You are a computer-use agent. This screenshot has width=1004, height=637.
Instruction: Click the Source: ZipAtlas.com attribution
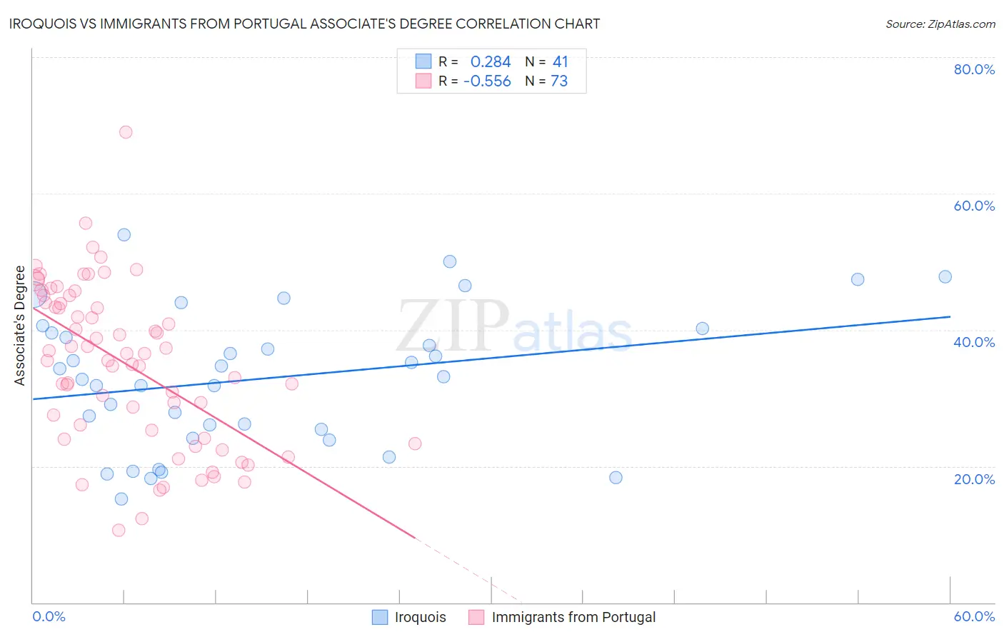[x=940, y=24]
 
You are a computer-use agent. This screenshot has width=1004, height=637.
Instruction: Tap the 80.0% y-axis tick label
[x=974, y=69]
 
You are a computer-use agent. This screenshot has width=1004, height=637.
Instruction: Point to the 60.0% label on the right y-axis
[x=974, y=206]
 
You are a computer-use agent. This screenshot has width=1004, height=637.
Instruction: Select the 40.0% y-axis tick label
[x=974, y=342]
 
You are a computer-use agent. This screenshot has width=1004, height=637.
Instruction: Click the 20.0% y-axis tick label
[x=974, y=478]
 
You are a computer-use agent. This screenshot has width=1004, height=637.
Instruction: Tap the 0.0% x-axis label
[x=49, y=616]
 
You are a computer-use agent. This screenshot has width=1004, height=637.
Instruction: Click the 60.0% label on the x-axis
[x=974, y=616]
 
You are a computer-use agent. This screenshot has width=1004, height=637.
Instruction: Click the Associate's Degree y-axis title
[x=20, y=326]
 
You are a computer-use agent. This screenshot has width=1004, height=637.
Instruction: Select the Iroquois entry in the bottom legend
[x=420, y=617]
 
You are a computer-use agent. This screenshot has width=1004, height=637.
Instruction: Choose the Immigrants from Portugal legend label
[x=573, y=617]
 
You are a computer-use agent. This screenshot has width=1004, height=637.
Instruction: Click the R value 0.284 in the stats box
[x=491, y=62]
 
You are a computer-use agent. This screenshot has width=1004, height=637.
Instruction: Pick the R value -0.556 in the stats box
[x=487, y=81]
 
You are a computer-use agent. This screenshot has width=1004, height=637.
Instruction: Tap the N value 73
[x=559, y=81]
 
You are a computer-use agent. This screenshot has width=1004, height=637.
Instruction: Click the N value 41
[x=560, y=62]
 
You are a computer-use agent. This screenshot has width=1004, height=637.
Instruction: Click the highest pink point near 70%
[x=126, y=132]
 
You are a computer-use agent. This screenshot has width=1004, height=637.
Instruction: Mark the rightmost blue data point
[x=945, y=277]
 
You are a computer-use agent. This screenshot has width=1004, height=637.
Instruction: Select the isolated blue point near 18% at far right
[x=616, y=478]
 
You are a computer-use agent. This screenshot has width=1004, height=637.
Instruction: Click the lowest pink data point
[x=119, y=530]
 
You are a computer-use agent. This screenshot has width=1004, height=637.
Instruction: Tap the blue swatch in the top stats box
[x=423, y=61]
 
